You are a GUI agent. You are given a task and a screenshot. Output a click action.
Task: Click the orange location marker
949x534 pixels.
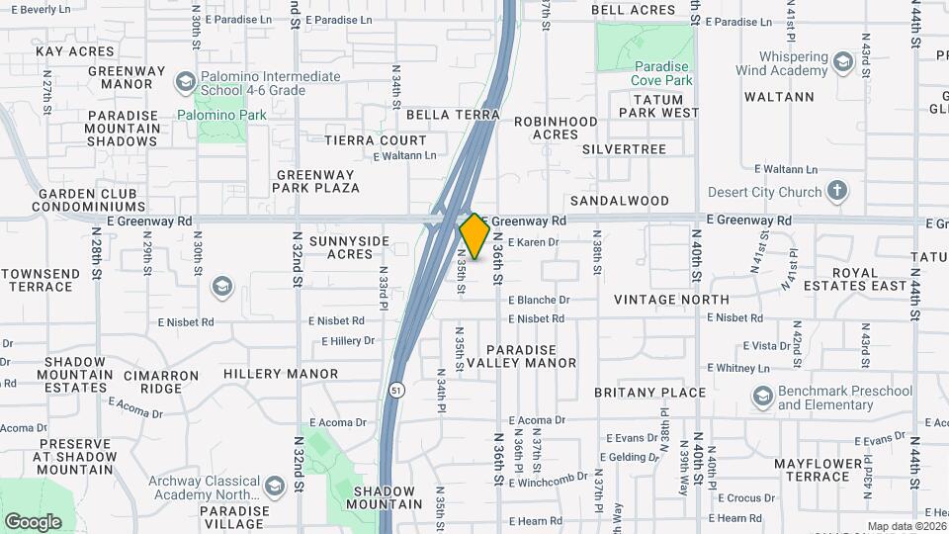(474, 236)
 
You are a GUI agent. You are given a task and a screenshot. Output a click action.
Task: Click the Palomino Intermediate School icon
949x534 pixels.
(185, 81)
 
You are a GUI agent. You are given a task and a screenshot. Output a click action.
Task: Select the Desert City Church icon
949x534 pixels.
(837, 191)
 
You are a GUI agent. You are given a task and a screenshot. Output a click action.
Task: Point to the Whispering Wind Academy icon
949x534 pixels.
(842, 63)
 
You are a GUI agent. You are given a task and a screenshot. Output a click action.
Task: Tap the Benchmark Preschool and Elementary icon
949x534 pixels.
(762, 398)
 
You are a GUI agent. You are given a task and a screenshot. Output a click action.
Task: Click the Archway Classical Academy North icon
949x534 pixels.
(274, 485)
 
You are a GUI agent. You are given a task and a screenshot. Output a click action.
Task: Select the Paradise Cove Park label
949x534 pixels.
(647, 72)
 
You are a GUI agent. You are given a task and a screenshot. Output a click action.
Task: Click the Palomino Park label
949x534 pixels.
(222, 115)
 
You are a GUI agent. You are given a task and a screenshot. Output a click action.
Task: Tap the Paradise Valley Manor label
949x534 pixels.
(521, 356)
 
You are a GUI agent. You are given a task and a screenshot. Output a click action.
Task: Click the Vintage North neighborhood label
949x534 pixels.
(671, 299)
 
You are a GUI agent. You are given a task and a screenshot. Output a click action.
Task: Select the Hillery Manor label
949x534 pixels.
(281, 374)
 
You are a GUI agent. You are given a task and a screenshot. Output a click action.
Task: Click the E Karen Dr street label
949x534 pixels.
(533, 241)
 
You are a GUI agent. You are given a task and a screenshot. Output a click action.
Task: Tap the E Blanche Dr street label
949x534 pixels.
(539, 300)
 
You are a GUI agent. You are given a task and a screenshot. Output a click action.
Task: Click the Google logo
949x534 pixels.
(33, 521)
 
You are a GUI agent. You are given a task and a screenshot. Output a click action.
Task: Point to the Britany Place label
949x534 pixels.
(649, 392)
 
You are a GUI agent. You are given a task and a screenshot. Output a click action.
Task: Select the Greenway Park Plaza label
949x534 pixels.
(317, 180)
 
